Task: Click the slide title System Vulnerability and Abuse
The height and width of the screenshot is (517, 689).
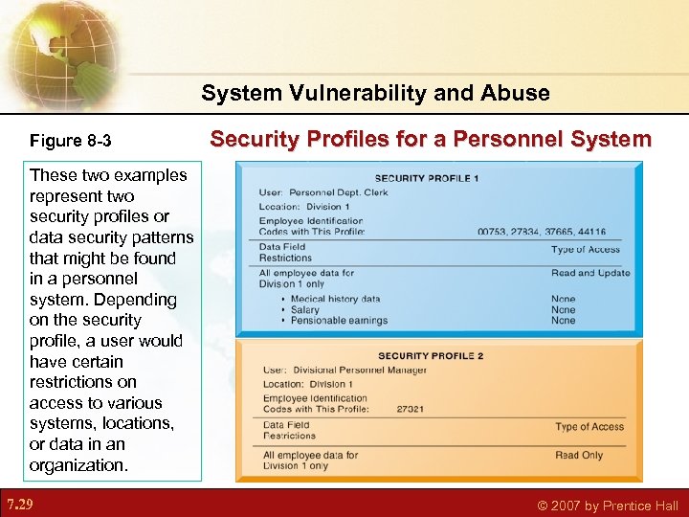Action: [x=375, y=93]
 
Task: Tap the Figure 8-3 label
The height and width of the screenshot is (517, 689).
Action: [x=70, y=141]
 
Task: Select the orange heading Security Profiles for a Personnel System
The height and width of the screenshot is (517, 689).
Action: [x=431, y=140]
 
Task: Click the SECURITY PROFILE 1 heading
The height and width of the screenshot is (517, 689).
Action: [x=427, y=178]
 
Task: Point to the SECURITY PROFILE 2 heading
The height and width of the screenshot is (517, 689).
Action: [x=431, y=356]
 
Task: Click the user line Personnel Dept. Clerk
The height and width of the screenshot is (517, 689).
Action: [x=323, y=192]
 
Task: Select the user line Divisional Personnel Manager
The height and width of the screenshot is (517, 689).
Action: [x=344, y=371]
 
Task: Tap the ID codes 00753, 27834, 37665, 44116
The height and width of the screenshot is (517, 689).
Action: [x=541, y=232]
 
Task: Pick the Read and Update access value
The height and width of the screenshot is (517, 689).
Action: [x=590, y=273]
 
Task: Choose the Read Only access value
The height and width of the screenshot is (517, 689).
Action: [x=579, y=455]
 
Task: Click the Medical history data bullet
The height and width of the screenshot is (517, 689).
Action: [x=335, y=300]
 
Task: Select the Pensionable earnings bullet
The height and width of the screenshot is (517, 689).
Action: [x=339, y=321]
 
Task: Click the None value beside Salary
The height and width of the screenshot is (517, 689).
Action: [x=564, y=310]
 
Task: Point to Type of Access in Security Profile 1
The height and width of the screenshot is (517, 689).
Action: [x=586, y=250]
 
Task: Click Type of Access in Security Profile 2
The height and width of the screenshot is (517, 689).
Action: [x=589, y=427]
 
